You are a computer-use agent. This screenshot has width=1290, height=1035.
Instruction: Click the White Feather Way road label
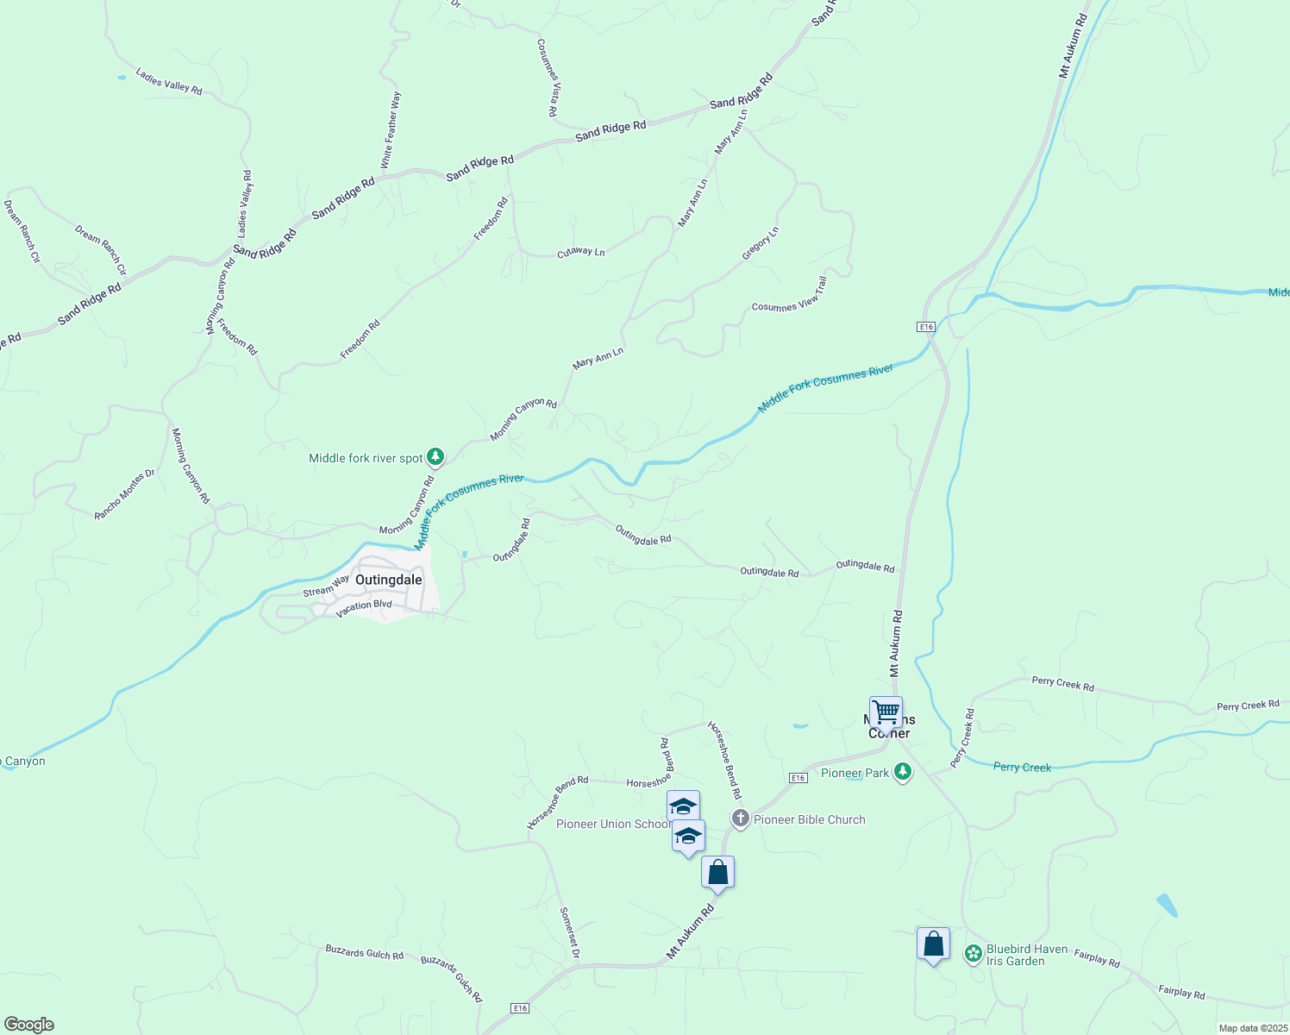click(x=391, y=129)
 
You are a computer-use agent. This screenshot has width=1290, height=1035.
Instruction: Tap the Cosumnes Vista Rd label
click(x=547, y=78)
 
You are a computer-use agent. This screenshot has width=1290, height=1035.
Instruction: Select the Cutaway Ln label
click(x=580, y=253)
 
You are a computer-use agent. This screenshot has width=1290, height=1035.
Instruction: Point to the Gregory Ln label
click(x=761, y=244)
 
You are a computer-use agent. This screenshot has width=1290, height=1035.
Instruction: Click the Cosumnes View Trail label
click(x=789, y=294)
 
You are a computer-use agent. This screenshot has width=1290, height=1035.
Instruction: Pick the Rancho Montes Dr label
click(x=124, y=494)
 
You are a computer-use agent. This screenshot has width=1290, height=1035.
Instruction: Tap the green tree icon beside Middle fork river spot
click(x=436, y=456)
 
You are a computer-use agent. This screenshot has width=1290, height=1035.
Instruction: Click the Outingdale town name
click(x=388, y=580)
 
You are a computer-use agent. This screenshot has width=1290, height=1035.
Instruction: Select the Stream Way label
click(x=326, y=586)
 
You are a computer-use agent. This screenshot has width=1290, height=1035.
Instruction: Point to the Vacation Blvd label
click(x=364, y=607)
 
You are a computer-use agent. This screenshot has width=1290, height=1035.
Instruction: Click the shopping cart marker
click(x=886, y=713)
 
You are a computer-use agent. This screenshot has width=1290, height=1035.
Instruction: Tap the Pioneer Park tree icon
click(x=903, y=772)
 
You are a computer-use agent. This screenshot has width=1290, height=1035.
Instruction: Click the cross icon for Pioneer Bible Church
click(x=740, y=819)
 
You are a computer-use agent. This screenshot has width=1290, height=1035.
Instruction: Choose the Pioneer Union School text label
click(x=612, y=824)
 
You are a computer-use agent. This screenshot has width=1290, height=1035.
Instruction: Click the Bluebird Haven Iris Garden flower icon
click(x=973, y=953)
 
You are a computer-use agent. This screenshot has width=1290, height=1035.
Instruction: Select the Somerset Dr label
click(x=569, y=932)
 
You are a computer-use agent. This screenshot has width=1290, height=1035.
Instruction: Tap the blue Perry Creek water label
click(x=1022, y=767)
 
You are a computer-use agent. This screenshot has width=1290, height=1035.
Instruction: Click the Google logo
click(x=28, y=1025)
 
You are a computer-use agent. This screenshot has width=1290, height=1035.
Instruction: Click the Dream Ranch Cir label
click(x=100, y=250)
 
